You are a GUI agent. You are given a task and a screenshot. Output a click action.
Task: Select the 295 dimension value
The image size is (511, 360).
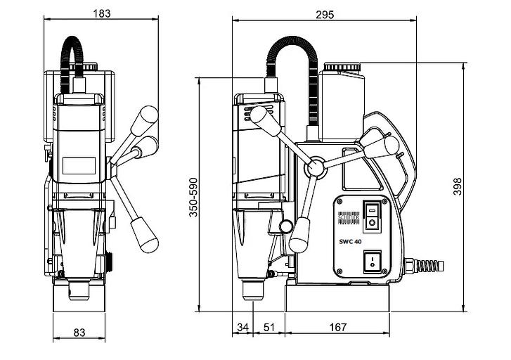point(324,14)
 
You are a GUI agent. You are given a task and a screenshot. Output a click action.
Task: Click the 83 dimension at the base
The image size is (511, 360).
point(81,332)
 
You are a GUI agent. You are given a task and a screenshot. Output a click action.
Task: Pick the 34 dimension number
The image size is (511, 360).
point(242,327)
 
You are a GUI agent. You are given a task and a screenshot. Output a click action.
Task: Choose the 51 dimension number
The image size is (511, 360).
point(269,327)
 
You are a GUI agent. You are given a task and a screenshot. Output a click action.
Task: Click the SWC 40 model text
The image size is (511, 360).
point(351,241)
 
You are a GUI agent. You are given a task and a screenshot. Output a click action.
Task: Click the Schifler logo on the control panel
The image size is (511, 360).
point(350,217)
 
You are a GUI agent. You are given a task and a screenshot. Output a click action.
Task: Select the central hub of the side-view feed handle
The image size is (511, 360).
point(316,167)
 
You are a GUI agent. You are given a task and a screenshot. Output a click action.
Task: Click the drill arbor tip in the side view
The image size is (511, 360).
point(251,289)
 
